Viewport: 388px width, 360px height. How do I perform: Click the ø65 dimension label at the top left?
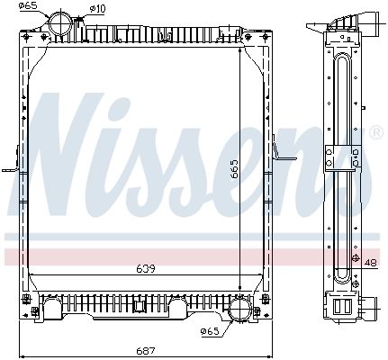29,6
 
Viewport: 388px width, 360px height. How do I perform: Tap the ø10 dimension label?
97,9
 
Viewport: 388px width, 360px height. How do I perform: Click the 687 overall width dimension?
144,349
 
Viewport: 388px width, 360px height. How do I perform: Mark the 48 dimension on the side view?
371,263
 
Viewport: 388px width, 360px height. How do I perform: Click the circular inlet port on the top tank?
62,21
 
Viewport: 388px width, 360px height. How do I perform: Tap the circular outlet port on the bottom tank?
241,310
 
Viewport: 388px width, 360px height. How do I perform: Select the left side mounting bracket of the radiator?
12,168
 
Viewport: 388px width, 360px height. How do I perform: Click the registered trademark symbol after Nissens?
375,132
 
